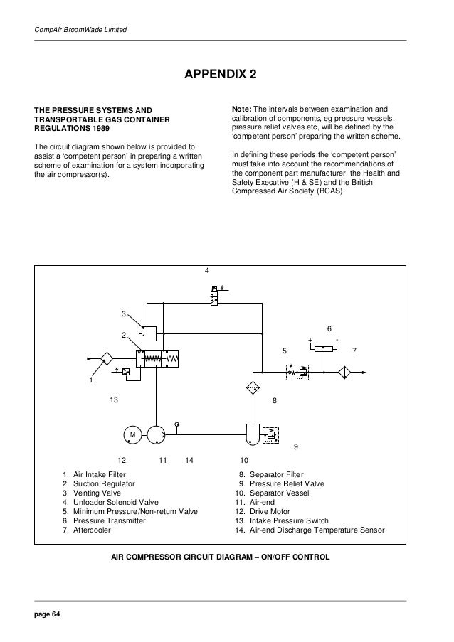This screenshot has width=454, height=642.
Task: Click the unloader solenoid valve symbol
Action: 213,295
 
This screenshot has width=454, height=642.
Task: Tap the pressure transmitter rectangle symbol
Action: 324,348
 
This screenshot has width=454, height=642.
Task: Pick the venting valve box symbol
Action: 149,333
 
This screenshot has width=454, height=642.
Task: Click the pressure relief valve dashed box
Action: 271,435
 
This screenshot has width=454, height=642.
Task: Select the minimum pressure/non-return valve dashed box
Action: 297,372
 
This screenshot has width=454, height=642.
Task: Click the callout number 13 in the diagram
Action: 114,400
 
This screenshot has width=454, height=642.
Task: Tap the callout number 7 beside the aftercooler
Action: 354,351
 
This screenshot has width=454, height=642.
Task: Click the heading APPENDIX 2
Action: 221,74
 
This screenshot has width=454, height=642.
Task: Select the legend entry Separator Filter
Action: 277,474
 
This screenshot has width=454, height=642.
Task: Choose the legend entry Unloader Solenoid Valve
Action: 116,503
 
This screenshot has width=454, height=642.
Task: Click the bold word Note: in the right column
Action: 242,109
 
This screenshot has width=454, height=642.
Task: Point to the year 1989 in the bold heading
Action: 101,128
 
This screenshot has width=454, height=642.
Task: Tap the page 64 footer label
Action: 47,614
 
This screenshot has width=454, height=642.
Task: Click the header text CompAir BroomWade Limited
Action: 80,29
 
